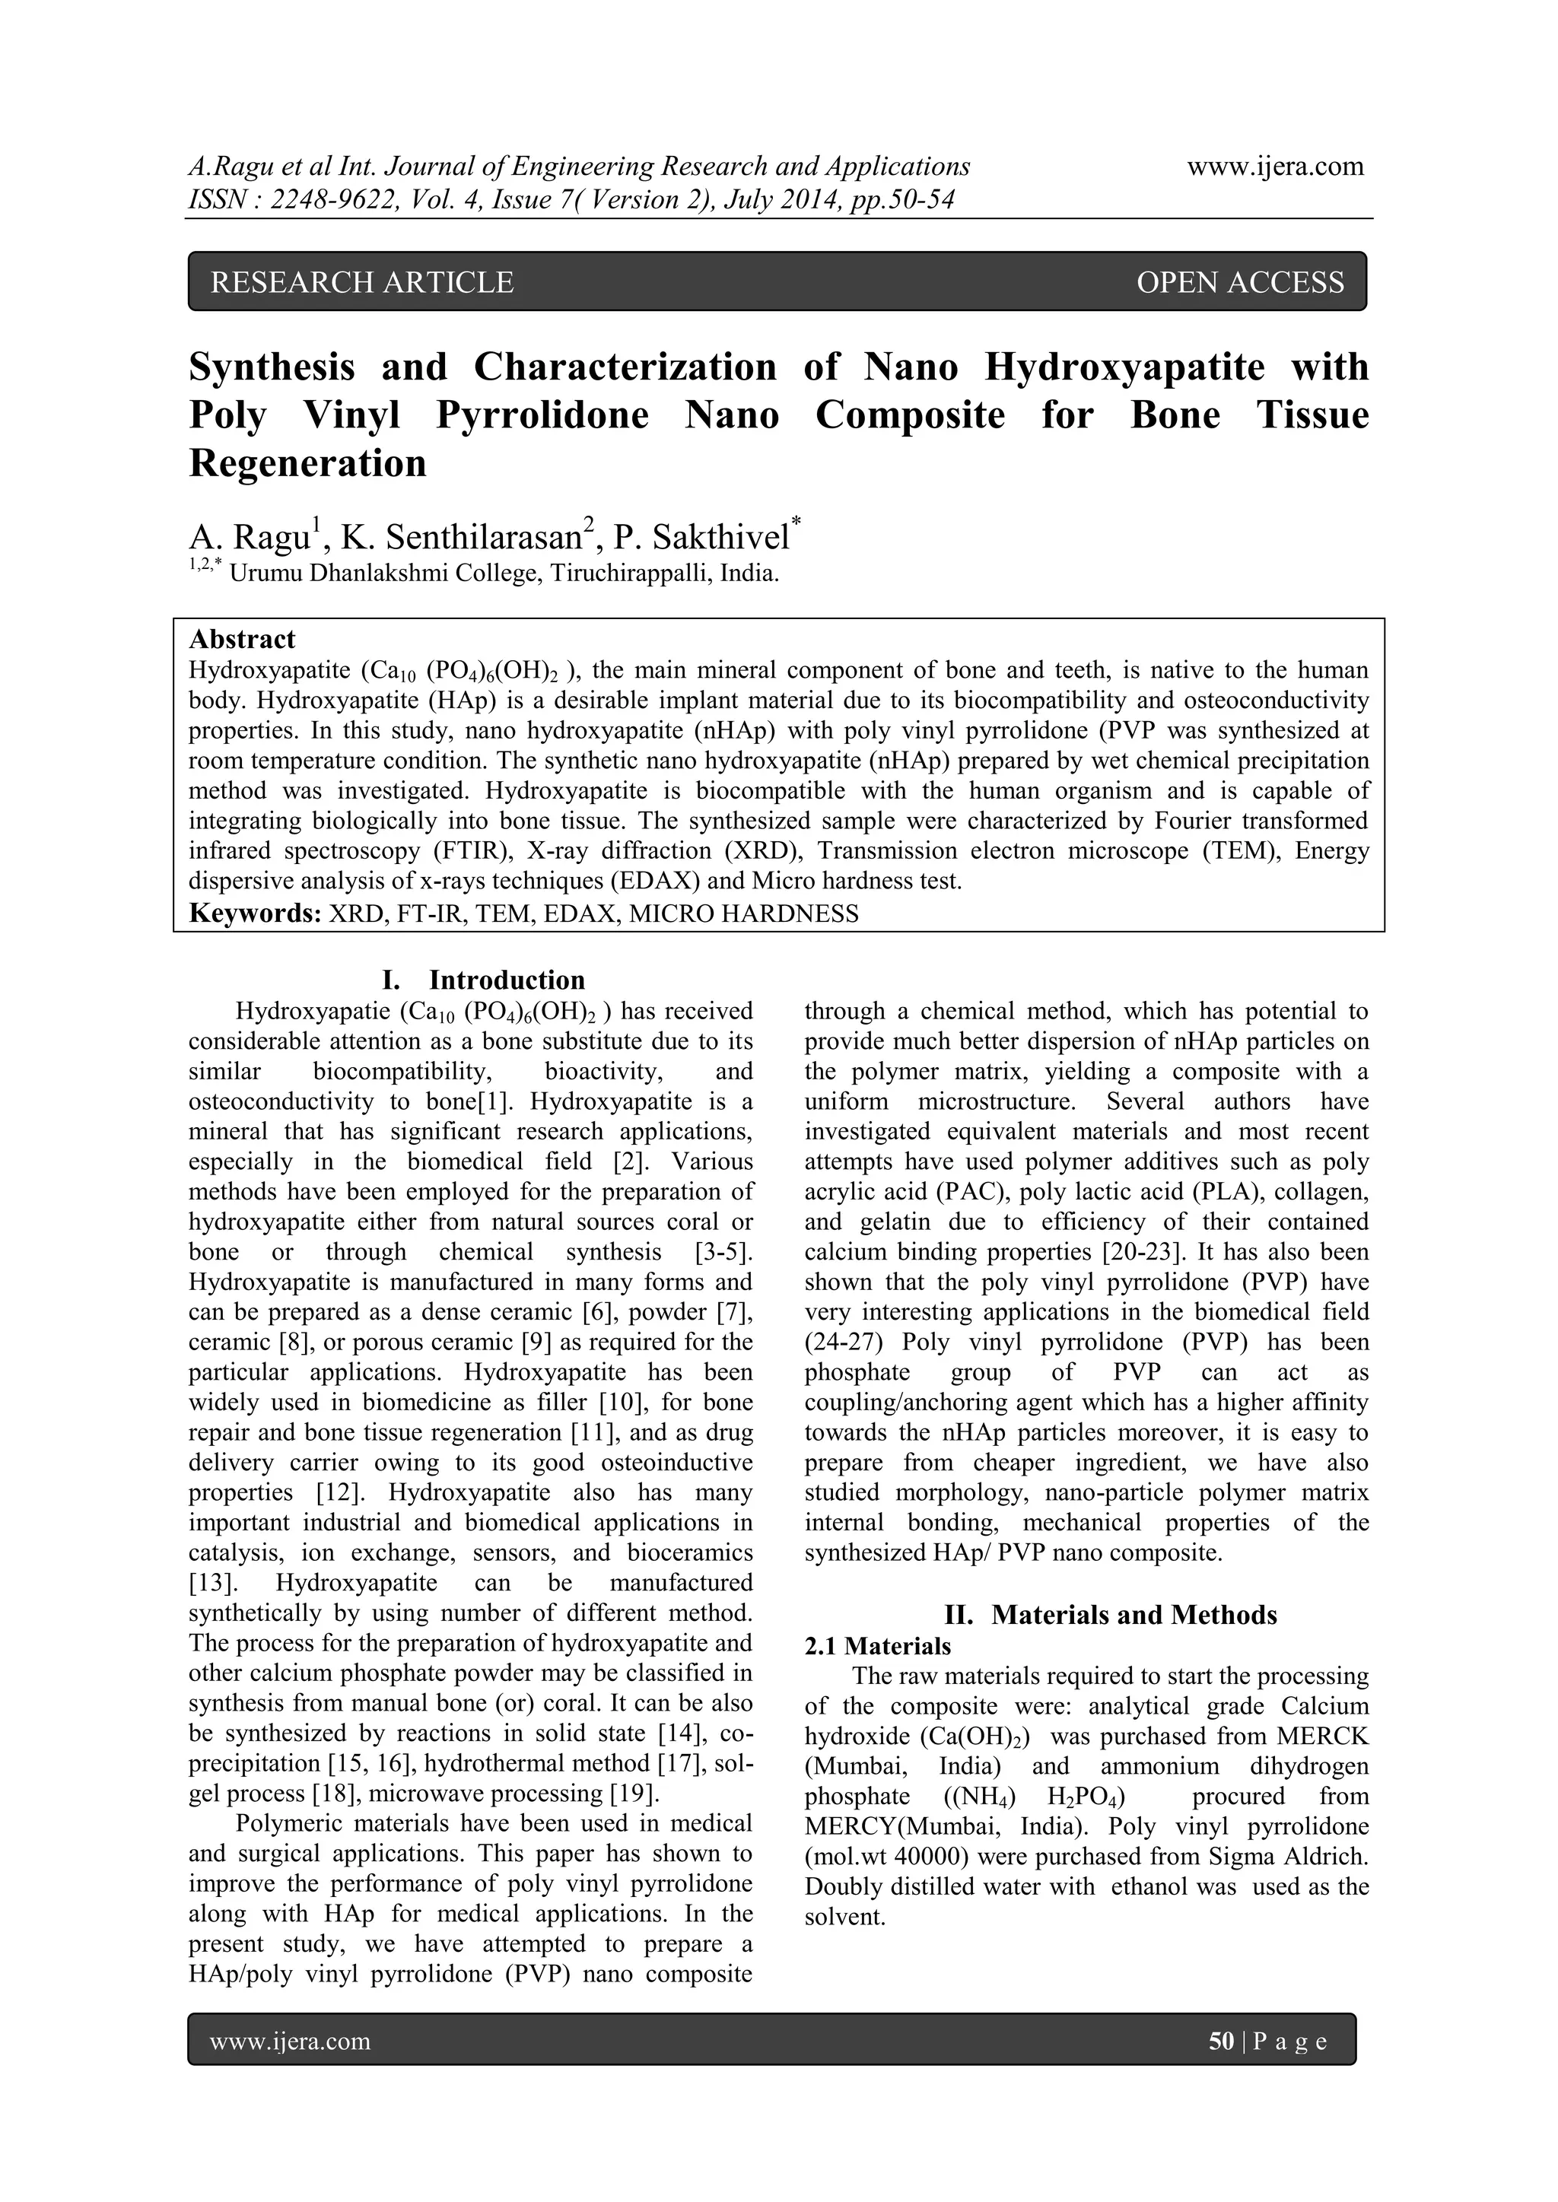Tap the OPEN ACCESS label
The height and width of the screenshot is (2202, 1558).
click(1239, 282)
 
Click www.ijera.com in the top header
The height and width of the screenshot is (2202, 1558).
click(1275, 167)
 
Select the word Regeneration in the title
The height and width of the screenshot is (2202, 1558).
click(307, 463)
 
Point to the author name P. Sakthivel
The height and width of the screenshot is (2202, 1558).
click(701, 538)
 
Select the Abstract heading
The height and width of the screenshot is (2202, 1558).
click(242, 640)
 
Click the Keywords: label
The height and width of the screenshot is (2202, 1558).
click(254, 913)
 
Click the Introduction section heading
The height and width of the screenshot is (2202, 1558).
click(506, 980)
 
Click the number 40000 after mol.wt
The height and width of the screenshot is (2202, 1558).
click(925, 1857)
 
